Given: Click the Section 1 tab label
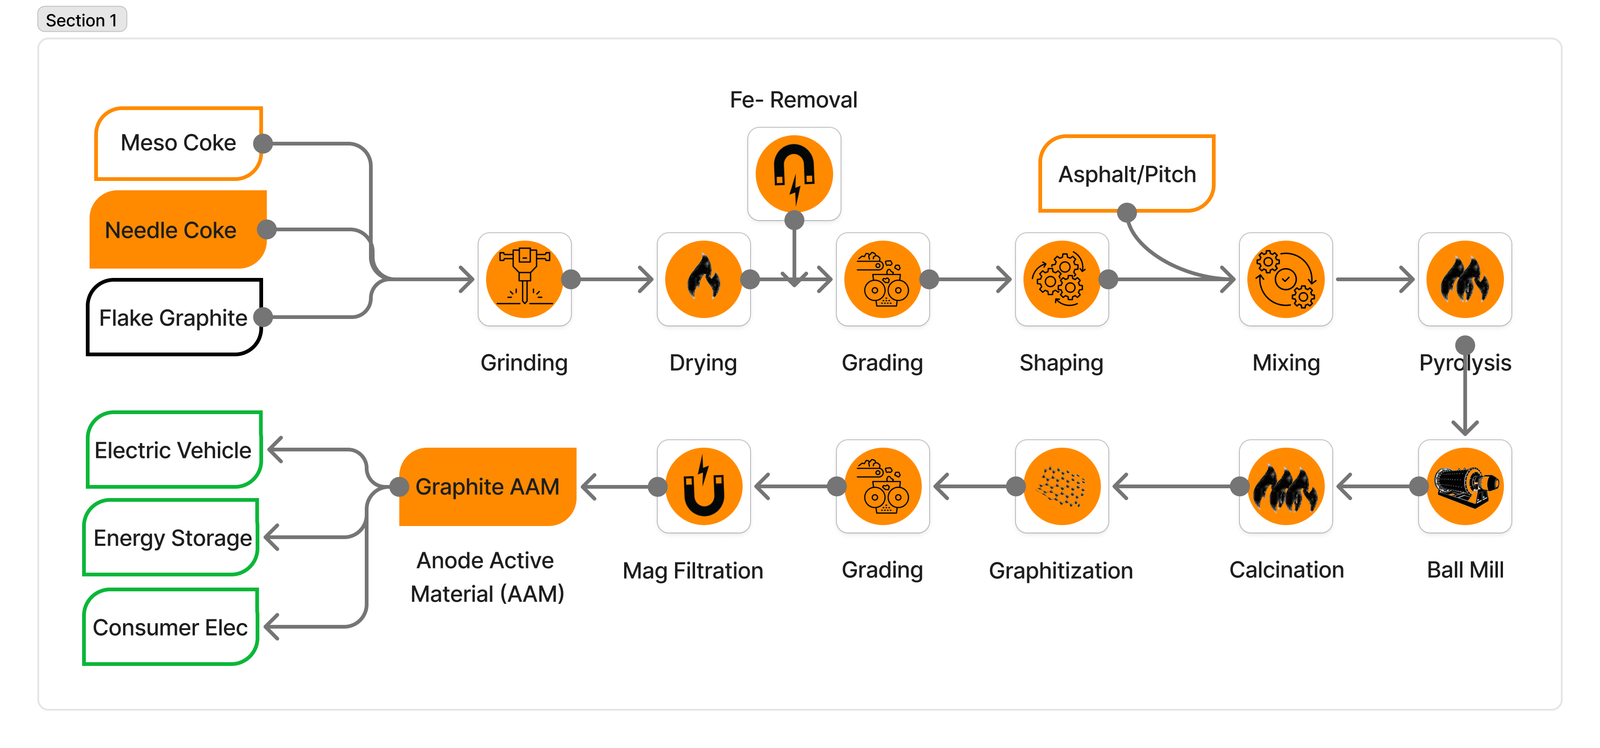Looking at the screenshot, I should pos(81,20).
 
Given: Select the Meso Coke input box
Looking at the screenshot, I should pos(178,143).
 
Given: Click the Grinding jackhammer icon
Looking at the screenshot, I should pos(524,279).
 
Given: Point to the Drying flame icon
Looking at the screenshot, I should pos(703,279).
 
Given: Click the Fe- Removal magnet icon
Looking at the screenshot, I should pos(794,174).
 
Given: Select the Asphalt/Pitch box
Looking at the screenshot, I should pos(1126,174).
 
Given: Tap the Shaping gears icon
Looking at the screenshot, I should pos(1062,279).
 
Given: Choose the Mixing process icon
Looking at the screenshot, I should pos(1286,279).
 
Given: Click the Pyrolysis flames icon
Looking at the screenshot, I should pos(1465,279).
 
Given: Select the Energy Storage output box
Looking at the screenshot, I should pos(172,538).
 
